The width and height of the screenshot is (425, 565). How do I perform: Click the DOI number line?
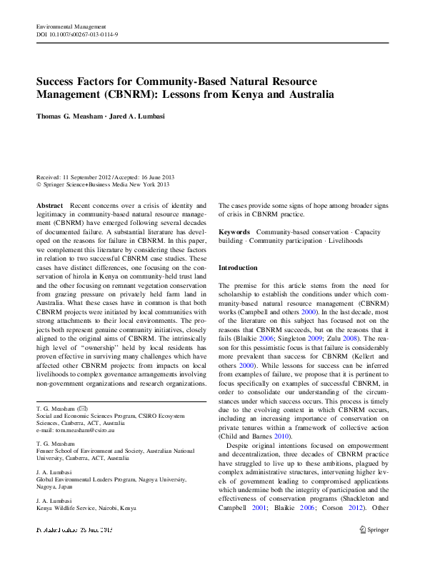[77, 34]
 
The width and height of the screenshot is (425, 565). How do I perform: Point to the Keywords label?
[234, 232]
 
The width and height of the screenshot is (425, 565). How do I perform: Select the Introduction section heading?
[238, 267]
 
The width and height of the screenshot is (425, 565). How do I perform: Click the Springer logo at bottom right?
[373, 530]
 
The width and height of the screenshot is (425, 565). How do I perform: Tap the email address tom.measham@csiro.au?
[73, 431]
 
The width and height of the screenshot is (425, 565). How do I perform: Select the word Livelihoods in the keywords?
[344, 241]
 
